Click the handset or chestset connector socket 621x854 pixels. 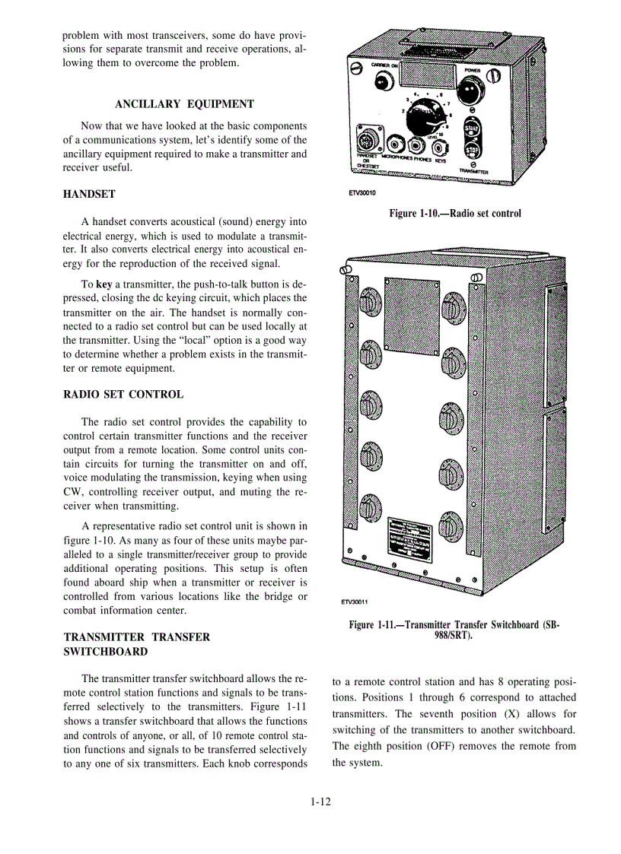pyautogui.click(x=366, y=142)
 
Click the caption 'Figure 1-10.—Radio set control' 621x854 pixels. pyautogui.click(x=454, y=214)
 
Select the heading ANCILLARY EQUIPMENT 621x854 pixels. pyautogui.click(x=184, y=104)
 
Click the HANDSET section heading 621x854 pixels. pyautogui.click(x=89, y=195)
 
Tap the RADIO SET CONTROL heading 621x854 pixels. pyautogui.click(x=123, y=395)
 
